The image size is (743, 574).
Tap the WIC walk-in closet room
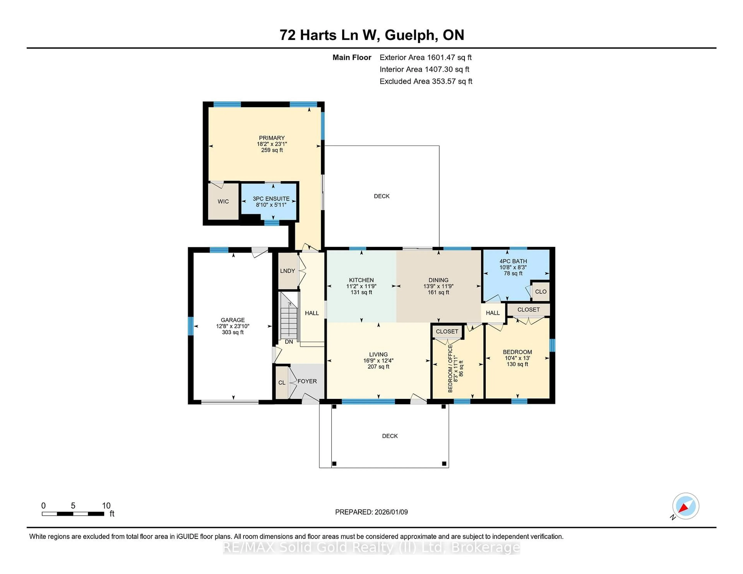(223, 201)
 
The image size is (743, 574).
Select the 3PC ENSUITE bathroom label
(271, 199)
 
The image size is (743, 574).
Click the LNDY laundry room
(288, 271)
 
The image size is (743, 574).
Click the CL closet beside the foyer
(282, 383)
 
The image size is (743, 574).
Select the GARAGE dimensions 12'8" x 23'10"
(233, 326)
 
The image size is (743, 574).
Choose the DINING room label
(438, 280)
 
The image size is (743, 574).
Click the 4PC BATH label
(513, 261)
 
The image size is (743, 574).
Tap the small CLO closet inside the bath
(541, 291)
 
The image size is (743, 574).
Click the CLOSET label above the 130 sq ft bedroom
(528, 309)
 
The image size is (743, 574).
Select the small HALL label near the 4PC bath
(493, 313)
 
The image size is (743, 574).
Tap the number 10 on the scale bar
(106, 506)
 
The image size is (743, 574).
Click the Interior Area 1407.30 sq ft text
(424, 69)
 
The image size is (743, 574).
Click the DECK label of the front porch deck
(389, 436)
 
